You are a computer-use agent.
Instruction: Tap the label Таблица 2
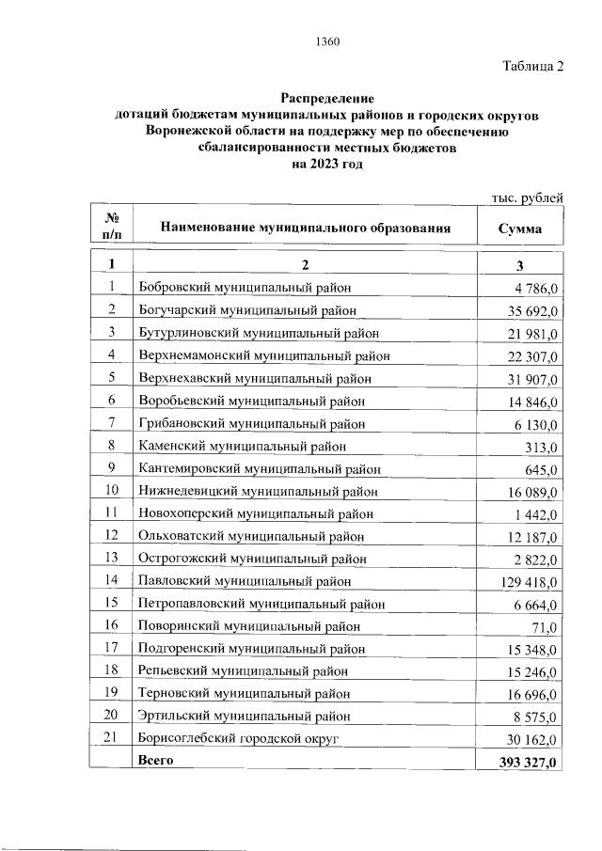[x=532, y=66]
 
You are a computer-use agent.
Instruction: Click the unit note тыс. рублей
[x=528, y=197]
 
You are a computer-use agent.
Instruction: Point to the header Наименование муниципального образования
[x=306, y=228]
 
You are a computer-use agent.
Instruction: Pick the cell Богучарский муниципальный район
[x=246, y=309]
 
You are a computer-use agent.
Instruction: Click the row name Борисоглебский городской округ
[x=238, y=739]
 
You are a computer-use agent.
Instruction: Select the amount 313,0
[x=543, y=447]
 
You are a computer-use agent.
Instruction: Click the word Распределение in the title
[x=326, y=99]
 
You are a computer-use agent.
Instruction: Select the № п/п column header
[x=111, y=227]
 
